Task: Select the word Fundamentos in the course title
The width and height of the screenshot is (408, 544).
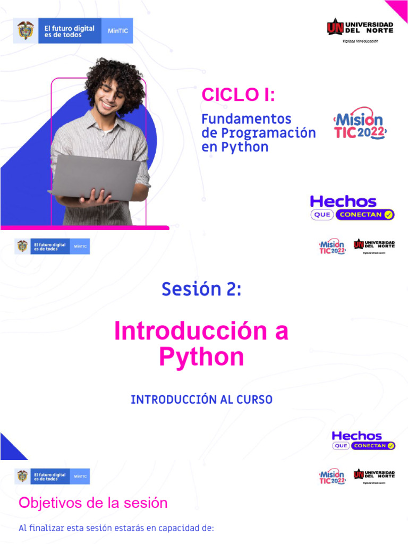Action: coord(246,118)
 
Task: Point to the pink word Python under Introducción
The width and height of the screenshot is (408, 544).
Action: coord(201,357)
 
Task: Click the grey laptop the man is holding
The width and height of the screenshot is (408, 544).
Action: coord(96,175)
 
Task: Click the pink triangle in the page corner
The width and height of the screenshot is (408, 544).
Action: coord(398,9)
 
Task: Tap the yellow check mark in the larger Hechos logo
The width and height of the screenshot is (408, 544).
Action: coord(388,215)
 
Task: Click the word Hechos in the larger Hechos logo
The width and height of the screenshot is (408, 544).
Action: coord(343,201)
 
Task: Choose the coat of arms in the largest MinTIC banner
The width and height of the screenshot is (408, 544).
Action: coord(25,30)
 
